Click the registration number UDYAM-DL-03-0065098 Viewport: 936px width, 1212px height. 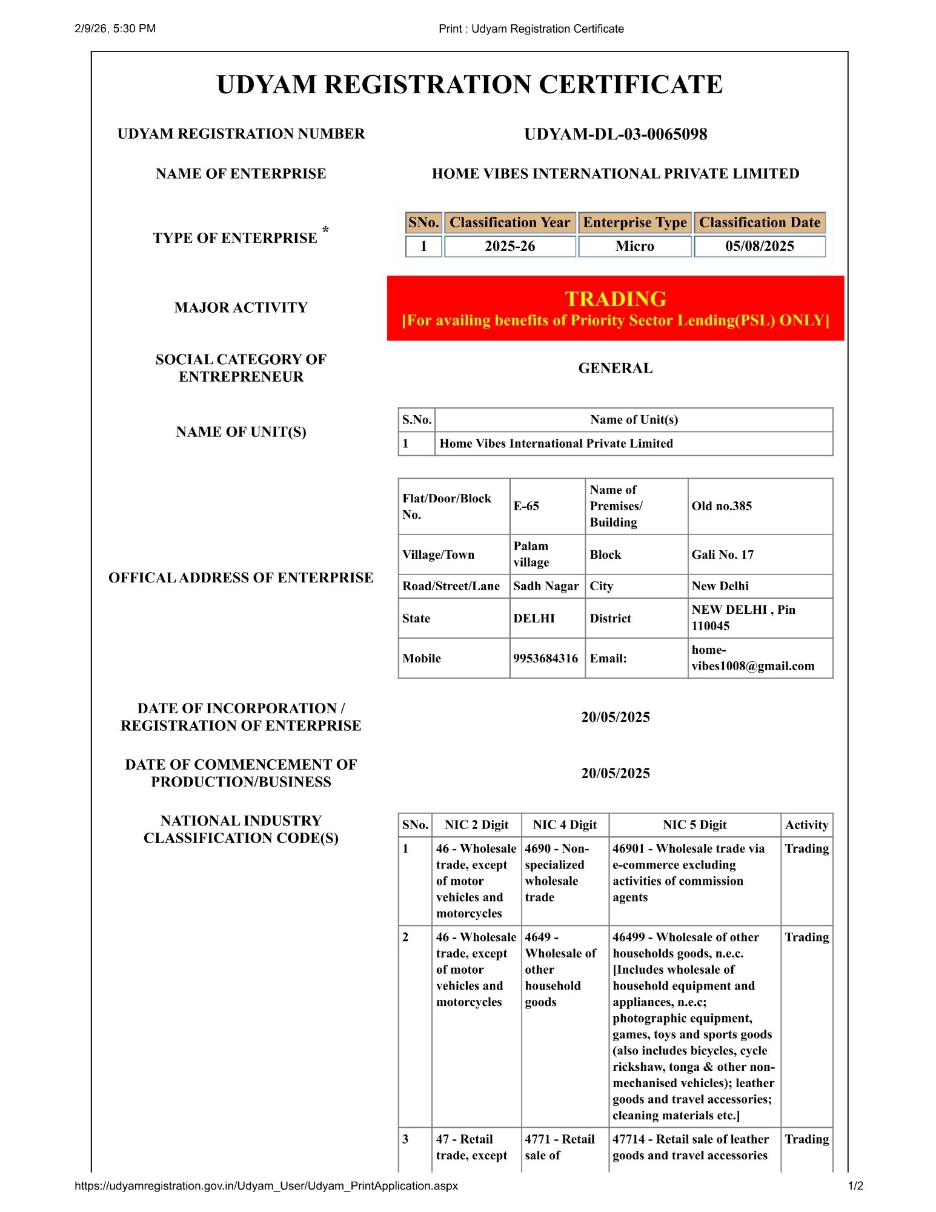coord(615,134)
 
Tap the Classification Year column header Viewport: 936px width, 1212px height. coord(509,222)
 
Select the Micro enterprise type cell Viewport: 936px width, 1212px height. coord(634,246)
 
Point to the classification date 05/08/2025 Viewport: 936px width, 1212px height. coord(759,246)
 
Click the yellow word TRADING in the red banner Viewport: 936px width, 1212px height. coord(615,299)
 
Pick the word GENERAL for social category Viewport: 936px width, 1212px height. coord(615,368)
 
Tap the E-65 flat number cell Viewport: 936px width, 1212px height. coord(526,506)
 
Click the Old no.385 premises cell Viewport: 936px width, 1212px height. coord(722,506)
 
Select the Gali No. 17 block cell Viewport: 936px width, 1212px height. coord(722,554)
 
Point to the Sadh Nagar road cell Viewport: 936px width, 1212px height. coord(545,586)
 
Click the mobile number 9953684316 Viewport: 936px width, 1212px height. coord(545,658)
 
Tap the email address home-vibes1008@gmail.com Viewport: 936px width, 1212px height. coord(752,658)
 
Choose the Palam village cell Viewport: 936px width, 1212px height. coord(531,554)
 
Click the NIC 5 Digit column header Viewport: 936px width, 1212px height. coord(694,825)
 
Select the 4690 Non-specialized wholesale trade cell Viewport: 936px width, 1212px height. coord(556,873)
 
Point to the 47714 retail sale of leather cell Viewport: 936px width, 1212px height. coord(690,1147)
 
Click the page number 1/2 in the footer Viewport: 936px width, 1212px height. coord(855,1186)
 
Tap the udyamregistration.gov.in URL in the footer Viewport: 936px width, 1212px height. coord(266,1186)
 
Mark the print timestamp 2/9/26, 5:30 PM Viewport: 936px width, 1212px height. coord(115,28)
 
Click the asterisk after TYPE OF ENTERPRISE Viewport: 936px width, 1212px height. coord(326,229)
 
